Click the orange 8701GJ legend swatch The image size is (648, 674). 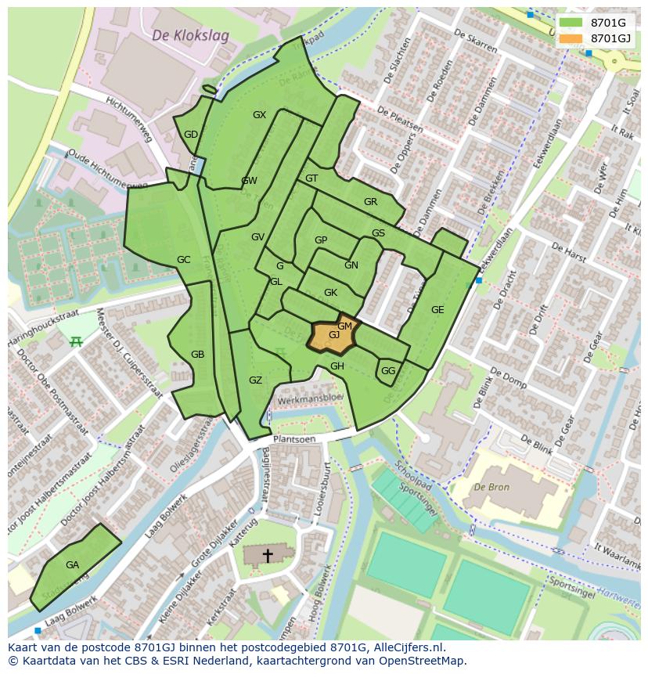click(x=571, y=38)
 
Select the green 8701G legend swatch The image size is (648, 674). click(x=571, y=23)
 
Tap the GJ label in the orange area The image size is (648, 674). click(x=334, y=335)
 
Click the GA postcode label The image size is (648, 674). click(x=72, y=565)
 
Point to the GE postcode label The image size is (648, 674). click(x=437, y=310)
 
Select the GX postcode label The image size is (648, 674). click(x=259, y=115)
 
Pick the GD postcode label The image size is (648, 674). click(x=191, y=135)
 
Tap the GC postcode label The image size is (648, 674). click(x=183, y=260)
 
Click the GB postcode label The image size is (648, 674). click(x=197, y=355)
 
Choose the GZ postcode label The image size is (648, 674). click(x=255, y=380)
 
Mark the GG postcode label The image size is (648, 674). click(x=388, y=371)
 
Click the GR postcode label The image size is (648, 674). click(x=370, y=202)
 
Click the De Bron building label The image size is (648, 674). click(x=491, y=487)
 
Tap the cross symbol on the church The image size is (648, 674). click(x=268, y=556)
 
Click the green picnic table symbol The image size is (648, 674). click(x=76, y=341)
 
